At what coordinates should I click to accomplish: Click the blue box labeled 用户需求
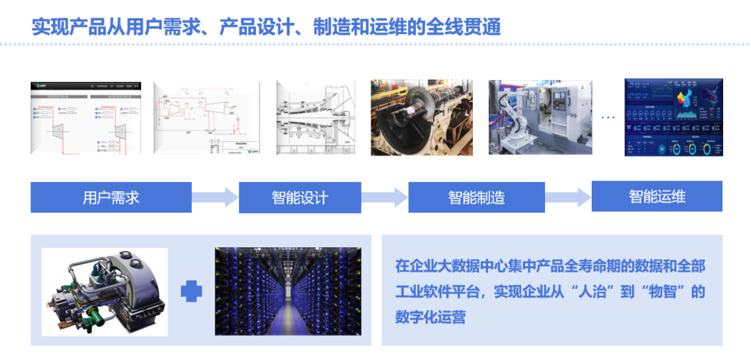(x=111, y=197)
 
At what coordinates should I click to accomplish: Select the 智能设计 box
(x=300, y=197)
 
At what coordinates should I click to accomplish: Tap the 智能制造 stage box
(x=476, y=197)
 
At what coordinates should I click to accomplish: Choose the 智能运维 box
(x=657, y=196)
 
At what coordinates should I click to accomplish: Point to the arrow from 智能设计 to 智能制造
(x=385, y=197)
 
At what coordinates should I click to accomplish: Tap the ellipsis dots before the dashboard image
(x=608, y=117)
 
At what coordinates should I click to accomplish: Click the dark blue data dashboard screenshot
(x=673, y=117)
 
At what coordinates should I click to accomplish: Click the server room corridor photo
(x=288, y=292)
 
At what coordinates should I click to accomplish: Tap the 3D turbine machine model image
(x=104, y=292)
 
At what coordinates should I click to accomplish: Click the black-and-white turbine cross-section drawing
(x=317, y=117)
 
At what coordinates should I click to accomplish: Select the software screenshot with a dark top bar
(x=86, y=117)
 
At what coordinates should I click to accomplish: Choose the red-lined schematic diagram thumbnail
(x=207, y=117)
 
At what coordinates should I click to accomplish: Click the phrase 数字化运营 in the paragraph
(x=430, y=317)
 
